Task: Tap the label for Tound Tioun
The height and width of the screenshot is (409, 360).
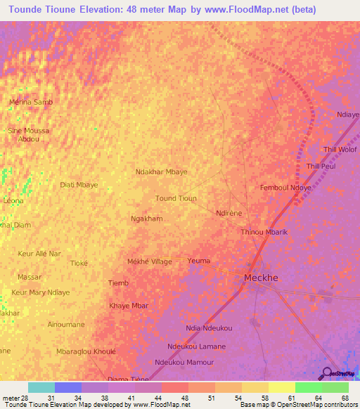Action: coord(176,199)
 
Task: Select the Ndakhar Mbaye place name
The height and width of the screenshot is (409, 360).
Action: coord(161,171)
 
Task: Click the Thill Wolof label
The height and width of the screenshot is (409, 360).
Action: coord(340,150)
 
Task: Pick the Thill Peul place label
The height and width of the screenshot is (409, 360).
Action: coord(321,167)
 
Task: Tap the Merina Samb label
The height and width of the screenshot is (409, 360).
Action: coord(30,102)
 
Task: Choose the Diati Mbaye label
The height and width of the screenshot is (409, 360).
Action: coord(79,185)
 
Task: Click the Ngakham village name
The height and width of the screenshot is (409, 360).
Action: coord(147,219)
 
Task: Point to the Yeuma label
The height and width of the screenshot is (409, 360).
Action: coord(199,261)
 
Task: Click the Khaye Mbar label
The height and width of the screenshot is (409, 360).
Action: coord(129,306)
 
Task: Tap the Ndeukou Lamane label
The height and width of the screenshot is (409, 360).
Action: coord(197,346)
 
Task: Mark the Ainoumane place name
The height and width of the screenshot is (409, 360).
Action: coord(66,324)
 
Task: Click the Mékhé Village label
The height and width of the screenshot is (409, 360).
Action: coord(149,261)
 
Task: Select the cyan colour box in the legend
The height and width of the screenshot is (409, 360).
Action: coord(41,387)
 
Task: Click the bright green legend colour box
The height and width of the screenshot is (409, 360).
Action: coord(308,387)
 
